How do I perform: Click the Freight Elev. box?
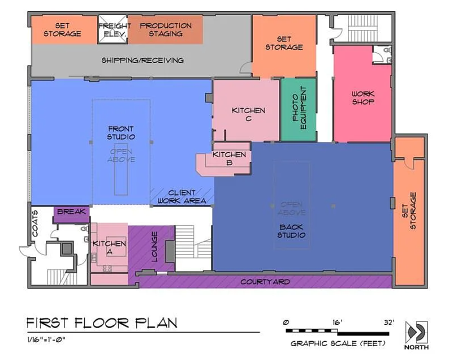click(x=112, y=29)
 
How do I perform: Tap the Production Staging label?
click(x=165, y=29)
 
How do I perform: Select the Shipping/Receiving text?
click(x=142, y=60)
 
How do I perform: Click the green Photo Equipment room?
click(x=298, y=109)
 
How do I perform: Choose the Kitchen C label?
click(x=248, y=114)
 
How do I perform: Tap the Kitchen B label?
click(x=229, y=158)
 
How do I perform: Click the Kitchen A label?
click(x=109, y=247)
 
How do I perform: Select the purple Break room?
click(x=71, y=214)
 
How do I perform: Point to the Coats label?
click(x=34, y=223)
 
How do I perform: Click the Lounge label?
click(x=154, y=247)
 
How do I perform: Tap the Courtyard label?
click(x=265, y=282)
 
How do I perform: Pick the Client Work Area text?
click(x=182, y=196)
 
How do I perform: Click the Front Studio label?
click(x=121, y=132)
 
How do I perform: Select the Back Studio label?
click(x=291, y=231)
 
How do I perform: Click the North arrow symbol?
click(x=416, y=331)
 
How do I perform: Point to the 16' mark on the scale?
click(x=337, y=322)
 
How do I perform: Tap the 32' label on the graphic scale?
click(x=389, y=322)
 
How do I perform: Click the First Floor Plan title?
click(x=102, y=323)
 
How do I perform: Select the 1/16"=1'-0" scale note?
click(x=46, y=339)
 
